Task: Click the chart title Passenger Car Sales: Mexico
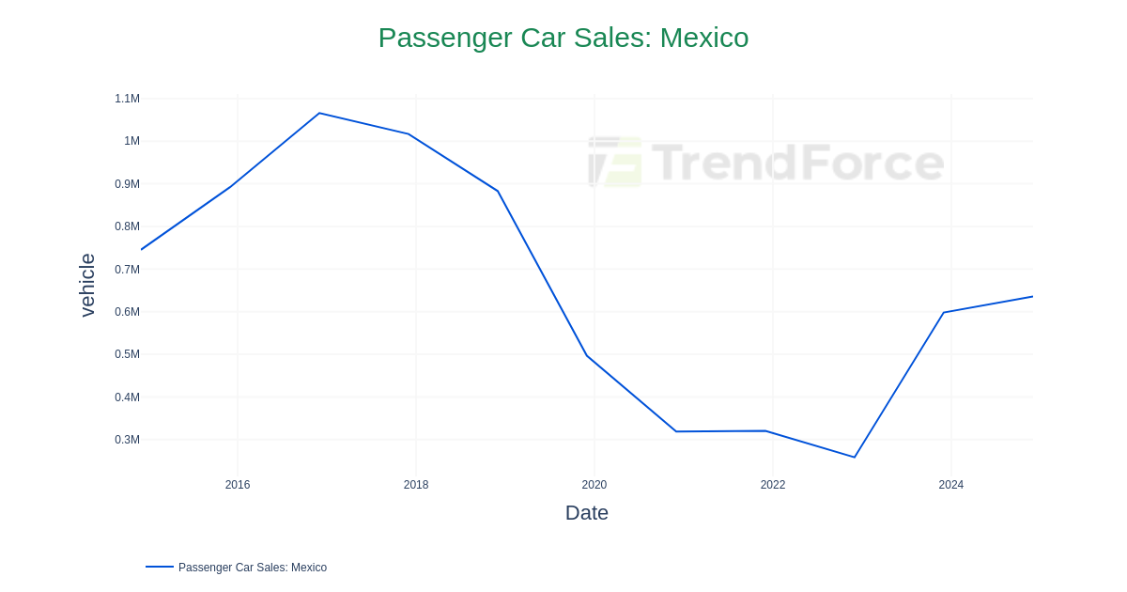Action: (x=563, y=38)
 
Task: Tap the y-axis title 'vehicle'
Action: (x=87, y=285)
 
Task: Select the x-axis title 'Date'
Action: (x=586, y=513)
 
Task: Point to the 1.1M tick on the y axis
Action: (x=127, y=99)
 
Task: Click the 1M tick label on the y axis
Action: (x=131, y=141)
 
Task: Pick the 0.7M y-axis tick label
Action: (x=127, y=270)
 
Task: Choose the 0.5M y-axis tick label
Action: (x=127, y=354)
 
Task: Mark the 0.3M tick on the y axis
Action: (x=127, y=440)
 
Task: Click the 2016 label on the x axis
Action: (x=238, y=485)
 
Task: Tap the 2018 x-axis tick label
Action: (x=416, y=485)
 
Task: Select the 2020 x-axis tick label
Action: (x=594, y=485)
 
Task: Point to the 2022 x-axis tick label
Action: (x=773, y=485)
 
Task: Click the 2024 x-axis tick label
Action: (x=951, y=485)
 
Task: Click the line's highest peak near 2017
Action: (x=319, y=113)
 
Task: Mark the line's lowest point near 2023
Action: (x=855, y=458)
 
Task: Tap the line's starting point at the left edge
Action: (x=142, y=249)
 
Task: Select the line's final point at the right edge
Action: (x=1032, y=297)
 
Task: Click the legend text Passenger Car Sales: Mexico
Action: (x=253, y=568)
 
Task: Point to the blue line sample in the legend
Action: (x=160, y=567)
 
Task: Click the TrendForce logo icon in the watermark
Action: (x=615, y=162)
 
